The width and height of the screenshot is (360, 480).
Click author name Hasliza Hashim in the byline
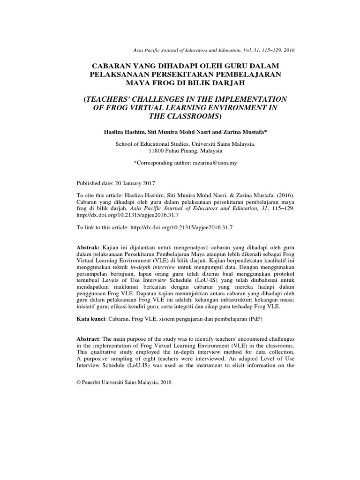tap(124, 132)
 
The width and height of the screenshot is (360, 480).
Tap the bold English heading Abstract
tap(89, 338)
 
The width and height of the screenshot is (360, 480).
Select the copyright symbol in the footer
tap(78, 382)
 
